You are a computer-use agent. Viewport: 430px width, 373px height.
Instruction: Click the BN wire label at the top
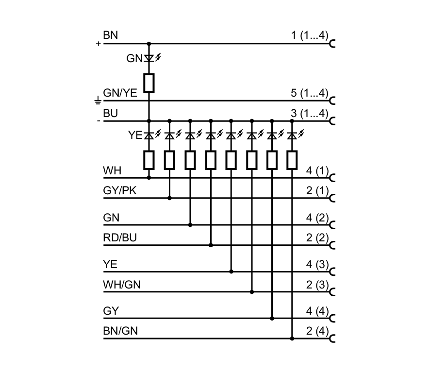point(110,36)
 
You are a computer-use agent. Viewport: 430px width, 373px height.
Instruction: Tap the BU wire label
point(110,113)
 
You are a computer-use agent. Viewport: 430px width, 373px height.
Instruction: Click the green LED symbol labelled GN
point(149,58)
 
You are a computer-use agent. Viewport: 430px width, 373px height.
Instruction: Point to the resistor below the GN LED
point(149,83)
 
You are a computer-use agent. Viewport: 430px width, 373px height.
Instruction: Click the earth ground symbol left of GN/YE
point(98,101)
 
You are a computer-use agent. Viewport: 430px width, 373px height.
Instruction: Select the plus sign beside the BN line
point(99,44)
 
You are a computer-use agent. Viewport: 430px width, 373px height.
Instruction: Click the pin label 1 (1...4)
point(310,36)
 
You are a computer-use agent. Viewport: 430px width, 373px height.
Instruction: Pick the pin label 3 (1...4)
point(310,113)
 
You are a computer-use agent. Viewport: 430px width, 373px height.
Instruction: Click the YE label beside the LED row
point(135,136)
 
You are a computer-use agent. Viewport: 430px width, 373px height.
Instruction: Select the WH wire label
point(112,171)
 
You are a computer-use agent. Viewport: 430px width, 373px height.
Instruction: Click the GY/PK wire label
point(120,191)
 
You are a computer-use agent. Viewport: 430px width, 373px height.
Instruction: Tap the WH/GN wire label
point(122,285)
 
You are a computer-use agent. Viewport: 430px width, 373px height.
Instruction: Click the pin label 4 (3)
point(317,265)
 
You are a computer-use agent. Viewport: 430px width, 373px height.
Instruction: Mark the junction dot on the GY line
point(272,319)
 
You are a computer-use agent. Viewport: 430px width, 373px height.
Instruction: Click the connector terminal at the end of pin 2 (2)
point(332,245)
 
